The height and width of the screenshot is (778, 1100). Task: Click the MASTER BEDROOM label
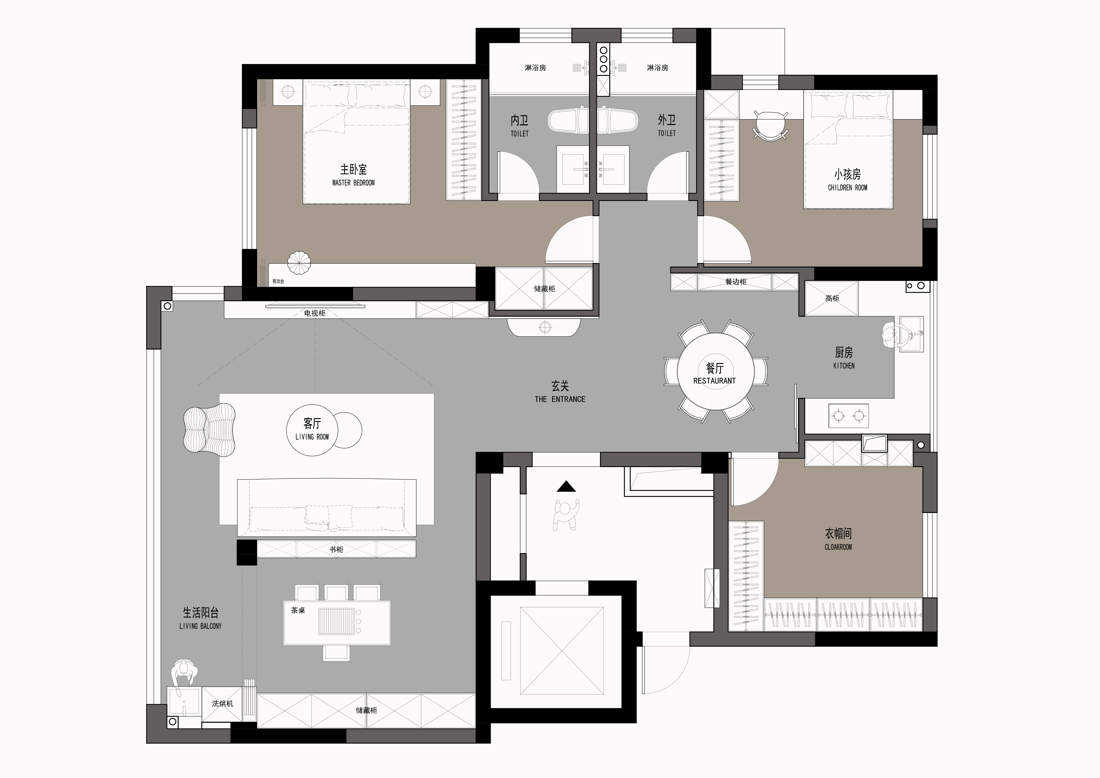354,183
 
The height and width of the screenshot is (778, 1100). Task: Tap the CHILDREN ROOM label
848,187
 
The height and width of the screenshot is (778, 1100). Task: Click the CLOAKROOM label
838,547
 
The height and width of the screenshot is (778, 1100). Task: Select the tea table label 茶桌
298,610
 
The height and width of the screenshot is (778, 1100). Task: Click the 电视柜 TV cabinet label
315,313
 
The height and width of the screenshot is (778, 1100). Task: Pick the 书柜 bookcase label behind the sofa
336,549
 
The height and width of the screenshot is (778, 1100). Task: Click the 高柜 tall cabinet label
832,298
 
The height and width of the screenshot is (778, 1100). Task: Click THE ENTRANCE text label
560,399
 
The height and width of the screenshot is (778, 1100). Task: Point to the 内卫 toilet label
519,120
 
